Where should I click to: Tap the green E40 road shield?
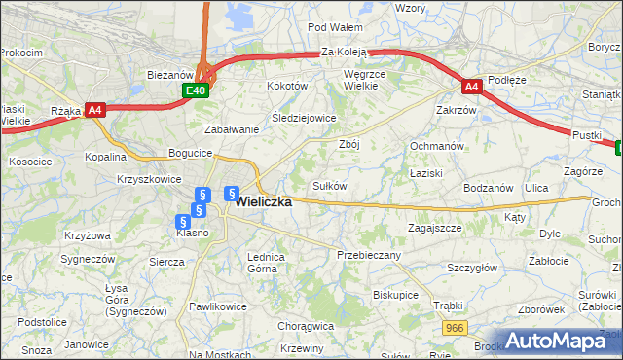197,90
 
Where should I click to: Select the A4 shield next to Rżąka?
95,110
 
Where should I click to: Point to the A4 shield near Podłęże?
471,87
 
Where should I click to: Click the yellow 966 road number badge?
454,330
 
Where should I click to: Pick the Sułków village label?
329,185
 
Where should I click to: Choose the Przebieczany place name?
369,254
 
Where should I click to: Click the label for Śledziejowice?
304,118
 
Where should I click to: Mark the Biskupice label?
395,294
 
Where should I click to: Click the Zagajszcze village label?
434,228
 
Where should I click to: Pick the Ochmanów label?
434,146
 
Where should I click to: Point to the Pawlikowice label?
218,306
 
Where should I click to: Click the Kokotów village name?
287,86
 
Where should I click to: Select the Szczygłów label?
472,268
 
